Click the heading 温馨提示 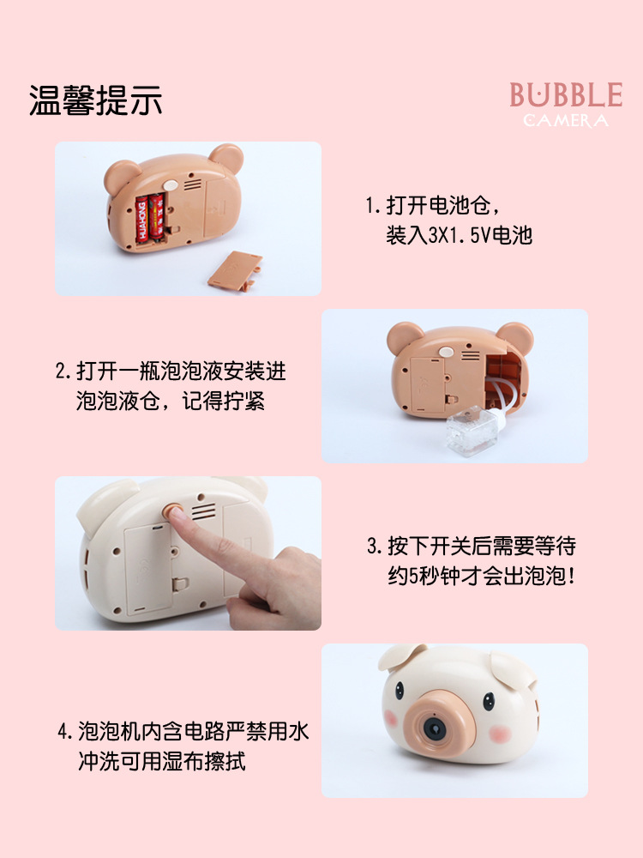click(x=95, y=101)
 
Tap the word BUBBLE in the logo click(x=566, y=94)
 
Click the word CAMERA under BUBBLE click(x=566, y=120)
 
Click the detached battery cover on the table click(x=233, y=268)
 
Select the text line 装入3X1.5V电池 click(x=459, y=235)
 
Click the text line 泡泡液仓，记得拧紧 click(x=170, y=401)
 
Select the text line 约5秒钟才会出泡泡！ click(x=482, y=575)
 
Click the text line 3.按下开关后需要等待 click(x=471, y=545)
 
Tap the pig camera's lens click(x=433, y=728)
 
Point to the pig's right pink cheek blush click(x=500, y=734)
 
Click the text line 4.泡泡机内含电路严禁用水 click(x=183, y=732)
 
